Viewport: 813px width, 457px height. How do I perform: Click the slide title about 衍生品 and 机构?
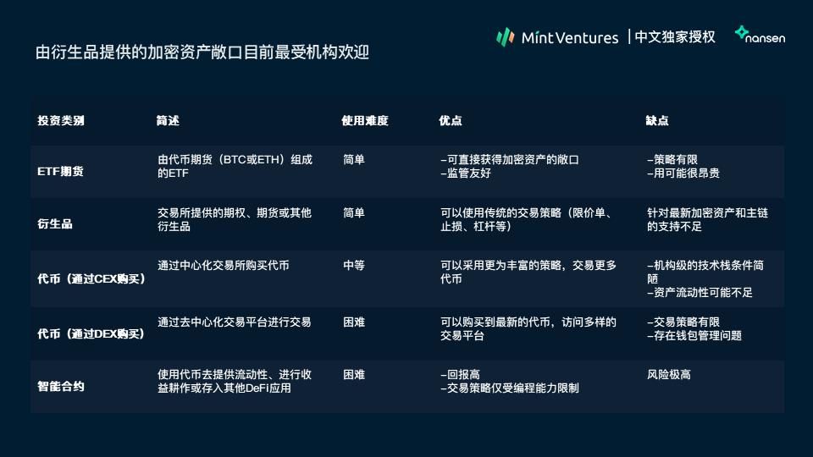[x=202, y=52]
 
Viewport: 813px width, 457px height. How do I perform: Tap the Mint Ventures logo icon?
[x=505, y=36]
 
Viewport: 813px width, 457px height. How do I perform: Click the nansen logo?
[x=760, y=35]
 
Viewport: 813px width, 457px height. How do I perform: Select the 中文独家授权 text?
[x=675, y=36]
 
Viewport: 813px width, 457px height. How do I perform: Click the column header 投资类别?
[x=61, y=121]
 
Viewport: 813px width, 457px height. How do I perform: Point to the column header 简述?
[x=168, y=121]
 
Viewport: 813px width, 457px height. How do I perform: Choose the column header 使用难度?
[x=365, y=121]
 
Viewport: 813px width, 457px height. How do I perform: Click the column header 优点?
[x=450, y=121]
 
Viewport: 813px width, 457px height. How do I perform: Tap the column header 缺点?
[x=657, y=121]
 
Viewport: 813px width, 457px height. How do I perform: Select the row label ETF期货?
[x=61, y=172]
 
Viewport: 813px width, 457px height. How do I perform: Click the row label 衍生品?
[x=55, y=223]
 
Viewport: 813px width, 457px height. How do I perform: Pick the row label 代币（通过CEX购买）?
[x=91, y=278]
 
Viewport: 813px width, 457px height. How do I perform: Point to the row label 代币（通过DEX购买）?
[x=91, y=333]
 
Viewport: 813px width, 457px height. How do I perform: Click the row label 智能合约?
[x=61, y=386]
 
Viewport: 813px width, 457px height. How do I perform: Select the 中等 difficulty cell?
[x=354, y=265]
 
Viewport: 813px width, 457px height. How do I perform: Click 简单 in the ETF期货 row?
[x=354, y=160]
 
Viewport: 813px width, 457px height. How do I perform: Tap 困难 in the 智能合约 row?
[x=354, y=375]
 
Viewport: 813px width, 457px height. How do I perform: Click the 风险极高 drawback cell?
[x=669, y=375]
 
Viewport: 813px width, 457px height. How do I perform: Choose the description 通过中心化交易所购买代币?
[x=224, y=265]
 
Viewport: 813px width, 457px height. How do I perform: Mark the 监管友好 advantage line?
[x=466, y=173]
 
